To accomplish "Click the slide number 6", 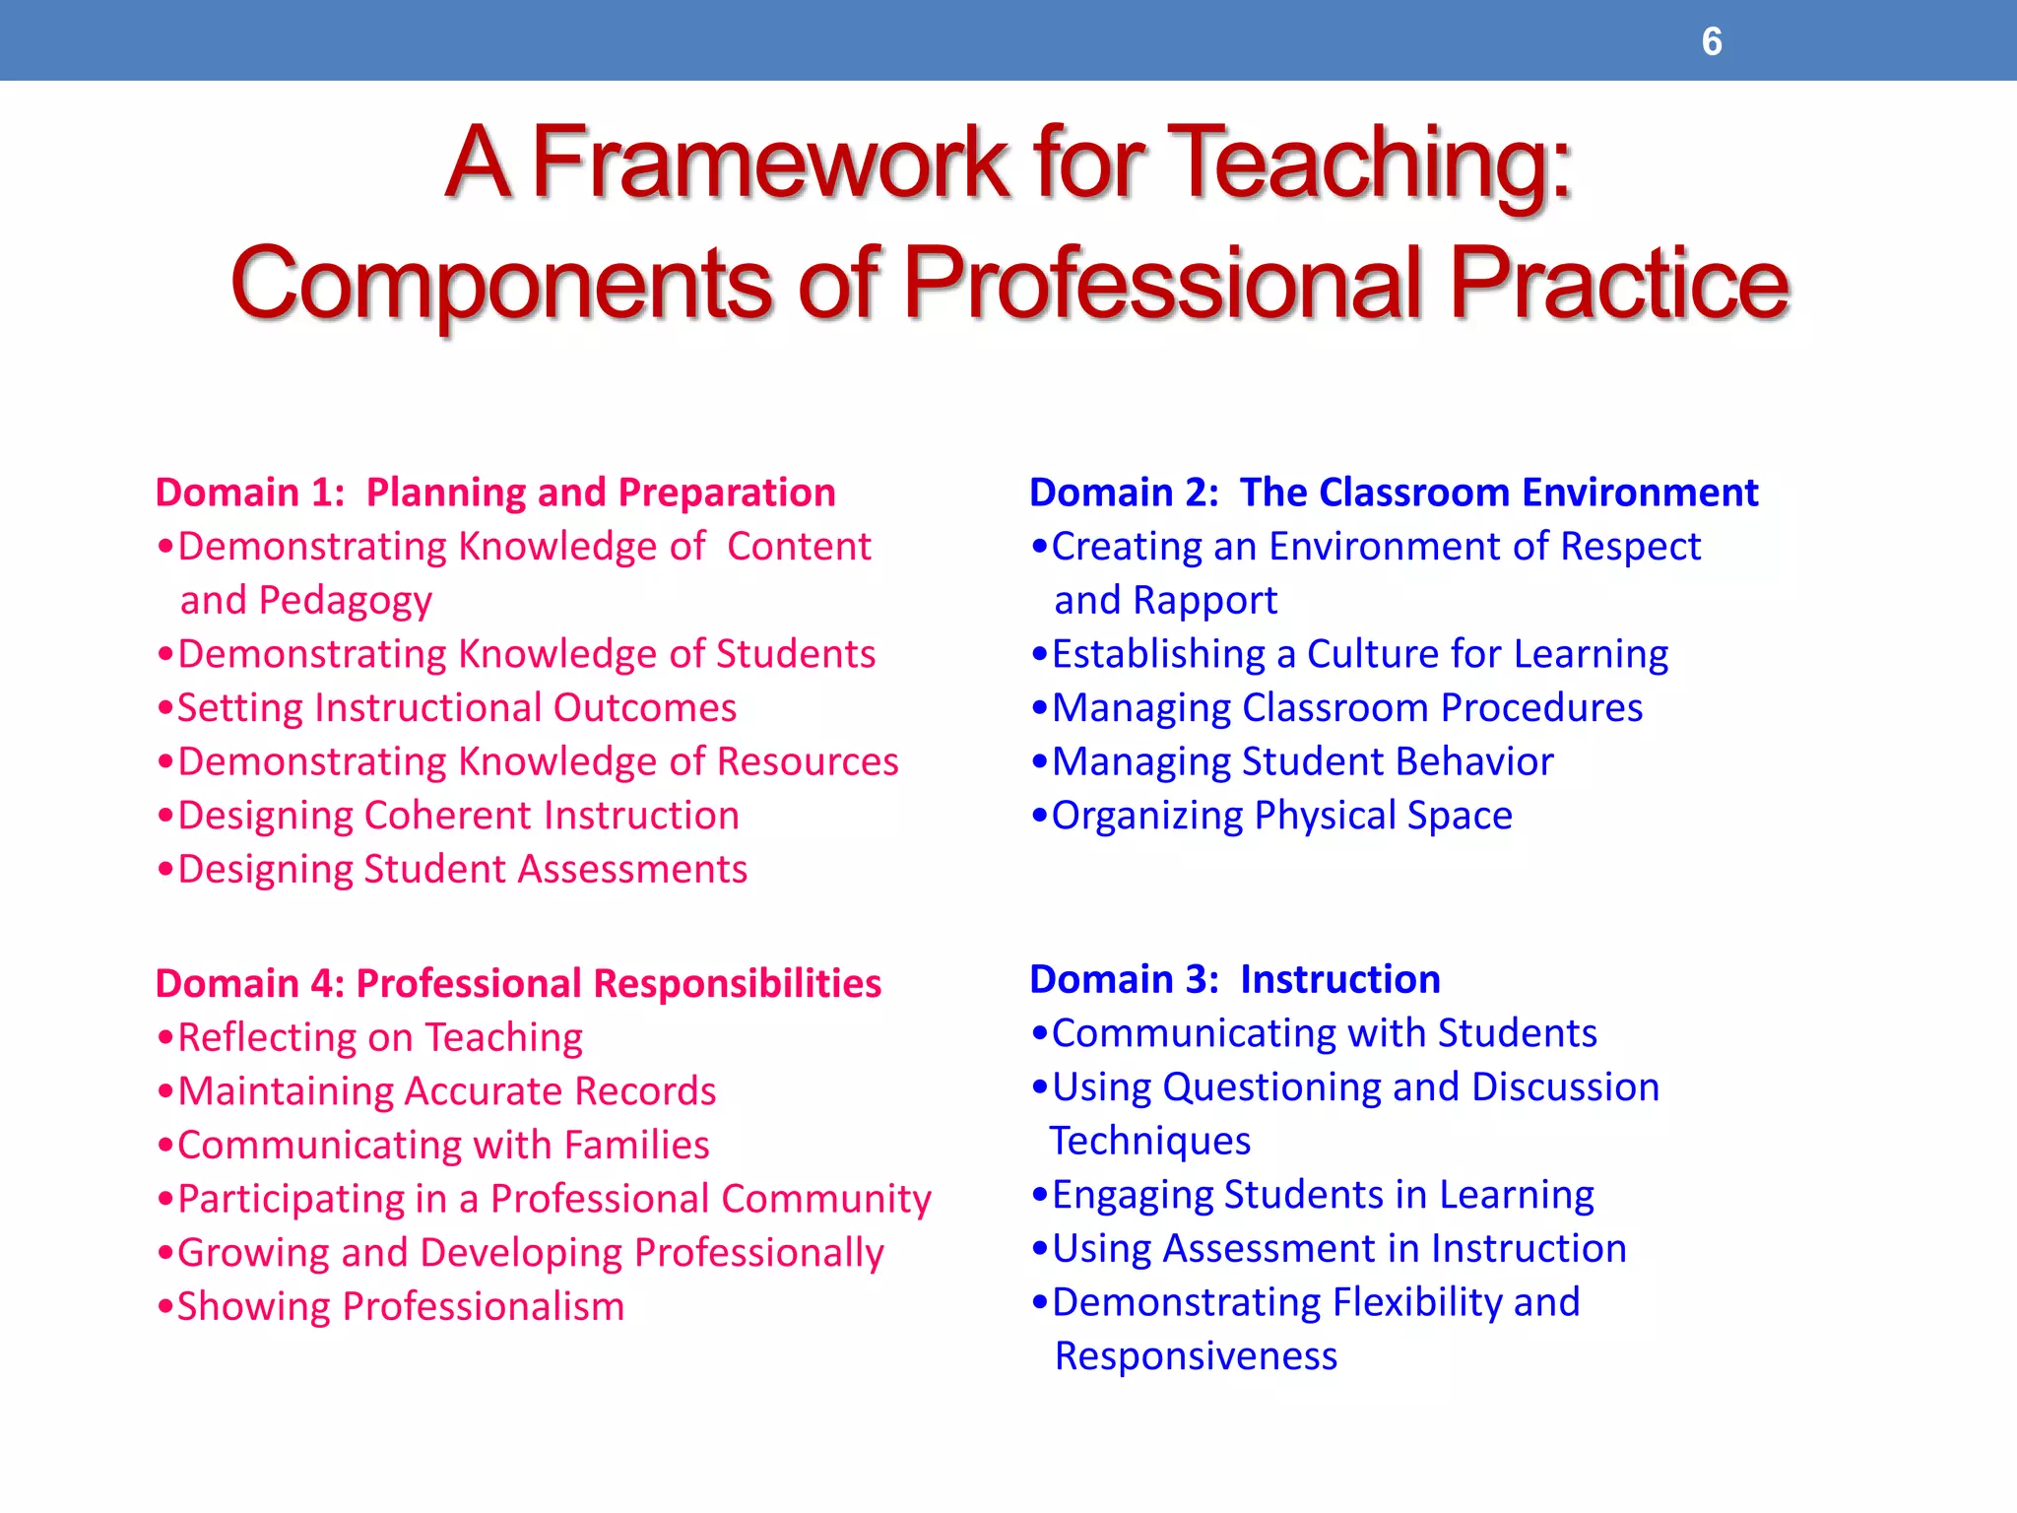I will coord(1712,41).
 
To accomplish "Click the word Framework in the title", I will coord(770,163).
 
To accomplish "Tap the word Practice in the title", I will coord(1618,285).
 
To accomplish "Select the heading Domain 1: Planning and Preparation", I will coord(495,493).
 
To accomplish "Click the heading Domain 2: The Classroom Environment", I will coord(1394,493).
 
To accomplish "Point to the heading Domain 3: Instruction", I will coord(1235,979).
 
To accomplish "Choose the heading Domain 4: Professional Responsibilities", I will coord(518,983).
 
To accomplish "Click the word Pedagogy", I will coord(345,601).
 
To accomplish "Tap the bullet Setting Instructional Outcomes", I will coord(456,708).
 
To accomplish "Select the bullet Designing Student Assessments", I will coord(462,870).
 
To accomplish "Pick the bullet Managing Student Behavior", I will coord(1302,762).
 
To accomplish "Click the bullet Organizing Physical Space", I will coord(1281,816).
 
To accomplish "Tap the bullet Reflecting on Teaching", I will coord(379,1038).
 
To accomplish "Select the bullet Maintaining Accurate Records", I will coord(446,1091).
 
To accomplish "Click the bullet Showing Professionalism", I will coord(400,1307).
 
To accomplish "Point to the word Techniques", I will coord(1150,1142).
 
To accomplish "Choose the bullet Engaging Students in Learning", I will coord(1323,1195).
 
